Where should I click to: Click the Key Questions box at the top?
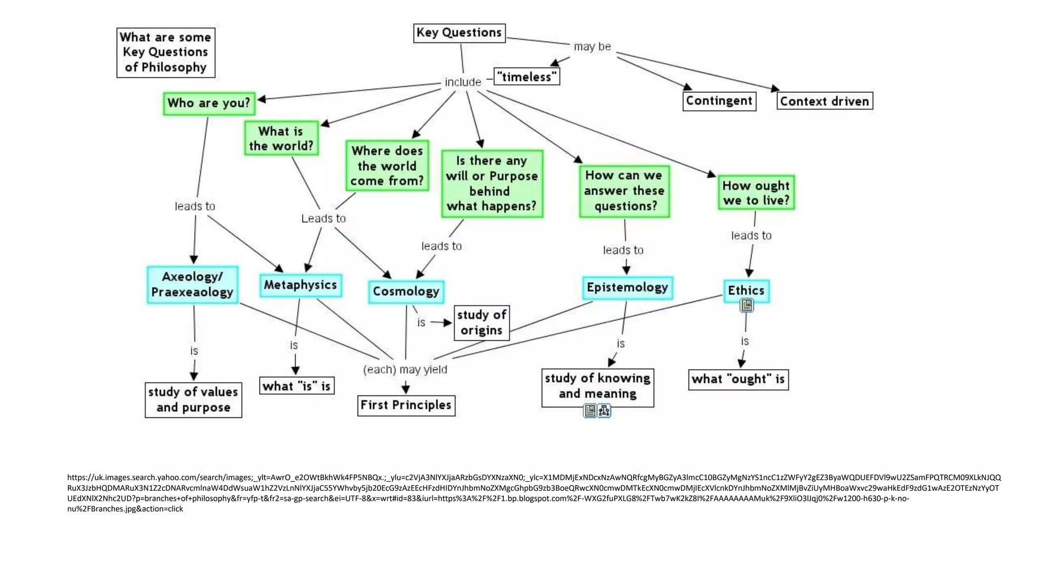tap(459, 33)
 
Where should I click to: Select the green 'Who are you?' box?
tap(208, 103)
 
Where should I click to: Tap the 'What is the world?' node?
tap(281, 138)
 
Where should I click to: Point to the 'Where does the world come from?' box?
tap(387, 166)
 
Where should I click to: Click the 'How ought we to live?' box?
tap(756, 193)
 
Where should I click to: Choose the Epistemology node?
tap(627, 287)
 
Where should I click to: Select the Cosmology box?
tap(406, 291)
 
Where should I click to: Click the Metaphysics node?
tap(301, 285)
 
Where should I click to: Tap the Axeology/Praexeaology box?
tap(193, 284)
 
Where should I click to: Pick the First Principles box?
tap(406, 406)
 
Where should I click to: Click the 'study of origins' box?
tap(481, 323)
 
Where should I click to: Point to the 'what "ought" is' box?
tap(738, 379)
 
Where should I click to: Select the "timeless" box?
tap(527, 77)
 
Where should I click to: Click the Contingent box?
tap(719, 101)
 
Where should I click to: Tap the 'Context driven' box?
tap(824, 101)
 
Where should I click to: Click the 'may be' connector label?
tap(592, 47)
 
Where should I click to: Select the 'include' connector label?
tap(463, 82)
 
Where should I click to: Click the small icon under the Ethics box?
tap(747, 305)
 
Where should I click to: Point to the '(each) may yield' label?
tap(405, 370)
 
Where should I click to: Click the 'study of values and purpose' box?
tap(193, 400)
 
